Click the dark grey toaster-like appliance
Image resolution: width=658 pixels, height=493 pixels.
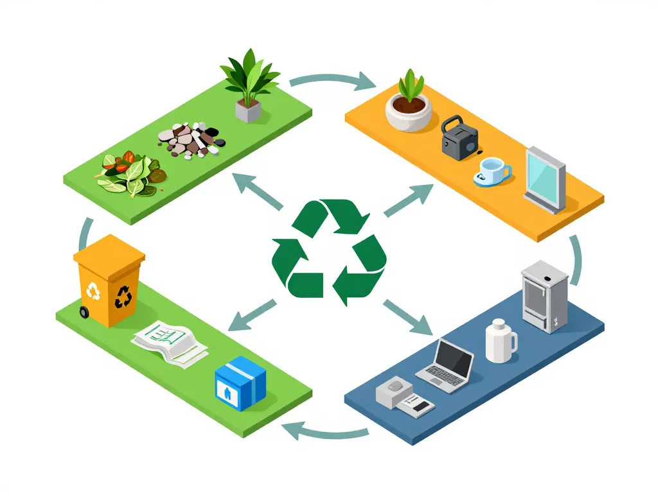(x=460, y=137)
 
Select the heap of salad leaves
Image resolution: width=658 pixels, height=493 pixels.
(x=132, y=173)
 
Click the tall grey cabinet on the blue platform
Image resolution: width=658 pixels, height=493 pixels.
(x=544, y=296)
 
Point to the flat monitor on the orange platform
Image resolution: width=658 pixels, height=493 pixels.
(x=545, y=179)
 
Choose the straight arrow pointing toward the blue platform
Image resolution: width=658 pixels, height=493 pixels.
(x=409, y=317)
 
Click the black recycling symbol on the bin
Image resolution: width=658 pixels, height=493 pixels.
(x=124, y=297)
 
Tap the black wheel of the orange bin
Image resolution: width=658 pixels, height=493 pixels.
(x=84, y=313)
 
